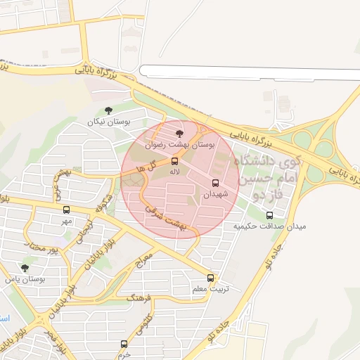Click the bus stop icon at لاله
[175, 161]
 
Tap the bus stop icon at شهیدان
[215, 183]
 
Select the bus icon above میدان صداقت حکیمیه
[269, 215]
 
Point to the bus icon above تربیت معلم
[210, 278]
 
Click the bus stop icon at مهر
[67, 210]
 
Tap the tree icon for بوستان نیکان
[108, 110]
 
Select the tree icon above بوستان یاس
[25, 268]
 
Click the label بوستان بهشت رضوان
[179, 144]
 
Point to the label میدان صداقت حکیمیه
[270, 226]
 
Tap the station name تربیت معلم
[210, 289]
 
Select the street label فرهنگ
[139, 300]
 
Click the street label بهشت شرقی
[165, 219]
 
